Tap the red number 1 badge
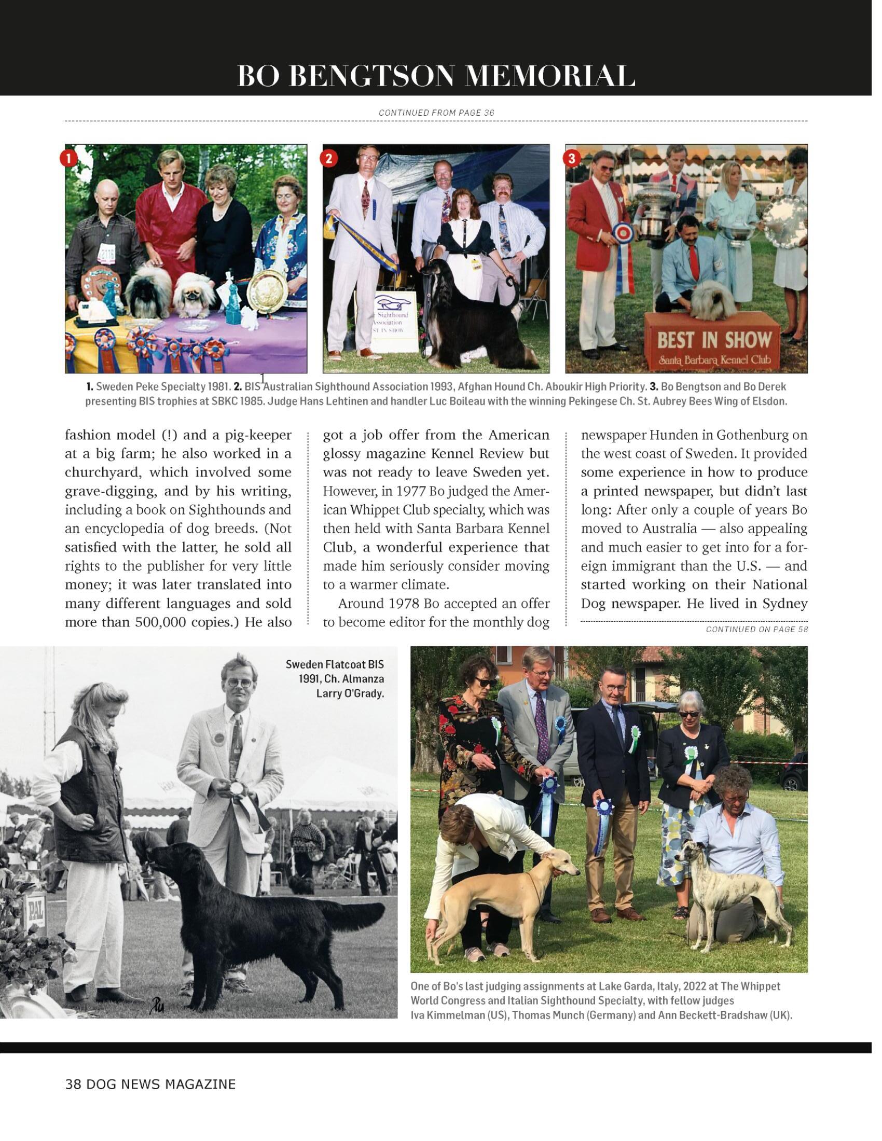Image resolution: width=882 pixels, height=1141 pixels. tap(68, 158)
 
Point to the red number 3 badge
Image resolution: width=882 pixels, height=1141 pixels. tap(571, 158)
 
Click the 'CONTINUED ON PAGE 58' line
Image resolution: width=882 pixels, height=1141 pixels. tap(756, 630)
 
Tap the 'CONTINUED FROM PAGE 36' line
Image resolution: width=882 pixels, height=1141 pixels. tap(436, 113)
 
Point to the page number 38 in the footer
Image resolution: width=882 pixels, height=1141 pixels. tap(72, 1084)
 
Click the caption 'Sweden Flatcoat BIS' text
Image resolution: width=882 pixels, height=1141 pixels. tap(335, 664)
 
